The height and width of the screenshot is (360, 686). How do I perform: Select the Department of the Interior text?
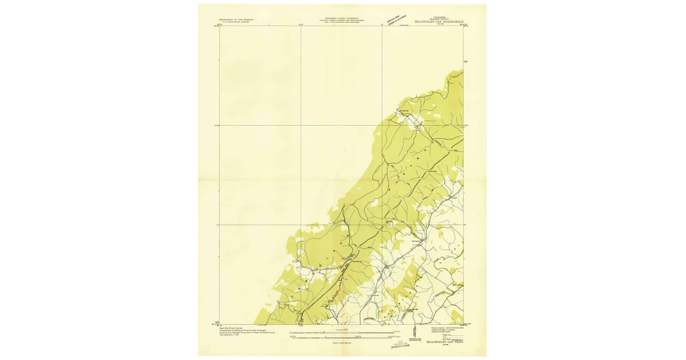(x=235, y=19)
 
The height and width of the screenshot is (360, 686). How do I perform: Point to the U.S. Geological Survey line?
(x=235, y=22)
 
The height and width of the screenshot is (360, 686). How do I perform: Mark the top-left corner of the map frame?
(x=220, y=26)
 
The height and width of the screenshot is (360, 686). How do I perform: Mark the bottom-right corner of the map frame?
(x=463, y=325)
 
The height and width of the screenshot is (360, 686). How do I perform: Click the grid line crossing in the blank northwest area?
(x=301, y=125)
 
